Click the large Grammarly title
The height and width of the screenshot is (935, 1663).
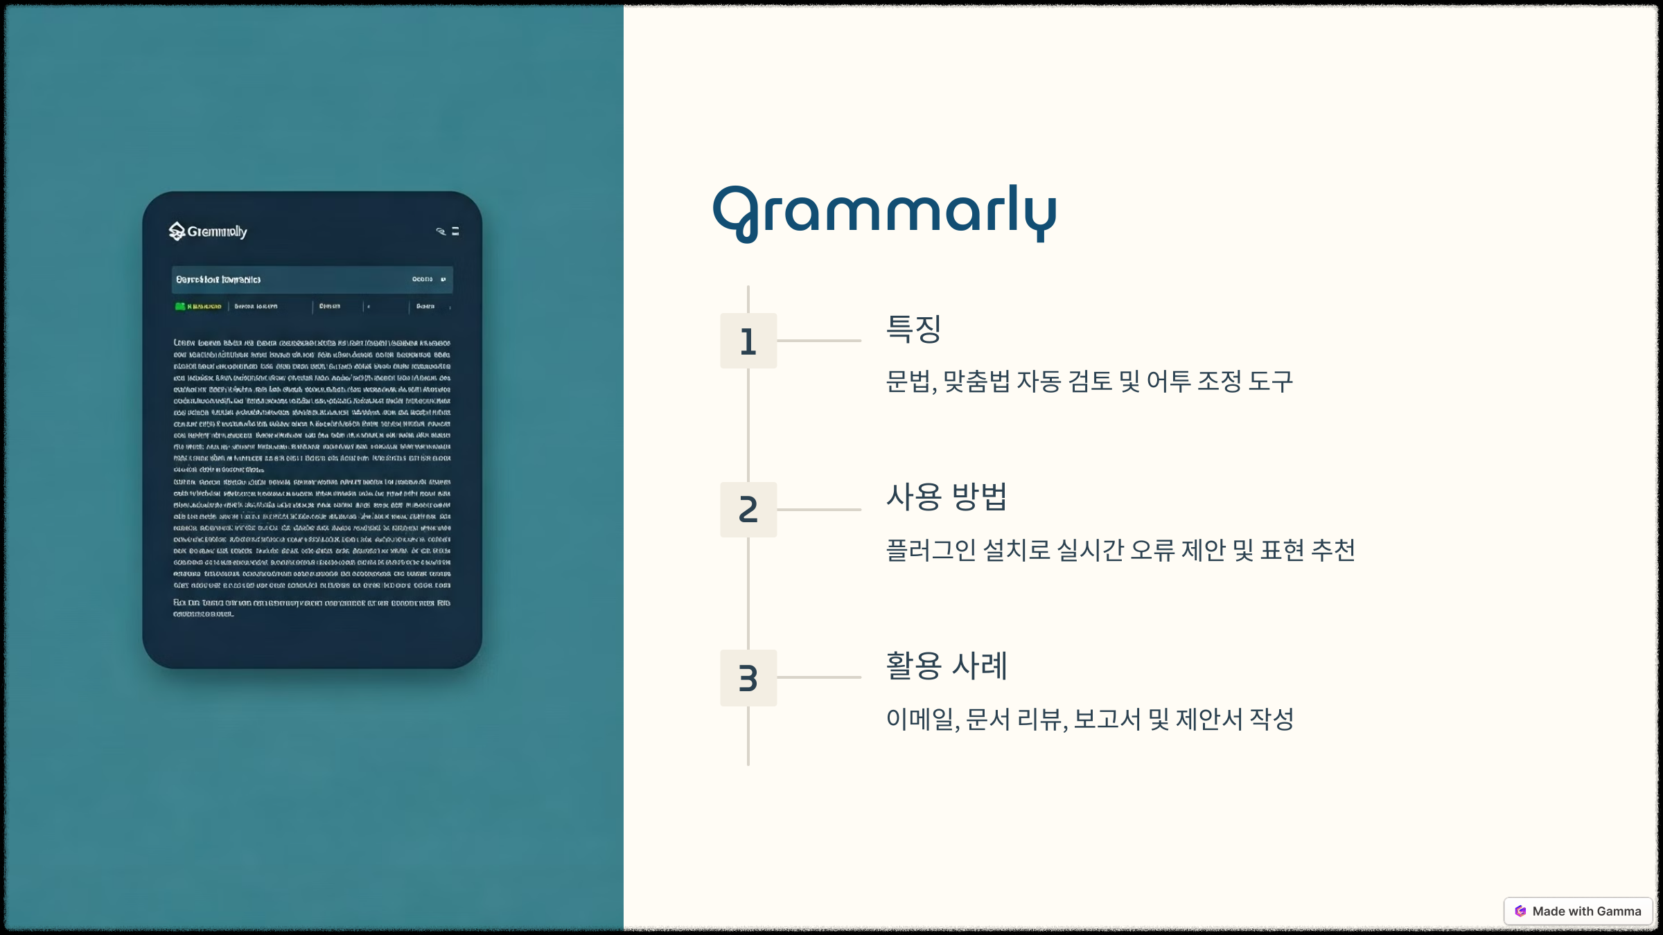pos(884,212)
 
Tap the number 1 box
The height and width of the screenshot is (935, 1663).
pos(748,341)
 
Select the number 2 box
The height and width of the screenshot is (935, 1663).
pos(748,510)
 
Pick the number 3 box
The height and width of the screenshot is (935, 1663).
pos(748,678)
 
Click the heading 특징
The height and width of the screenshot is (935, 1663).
pos(914,329)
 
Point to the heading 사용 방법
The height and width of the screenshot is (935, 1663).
pos(947,497)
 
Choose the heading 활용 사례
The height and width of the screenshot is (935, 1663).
pos(947,666)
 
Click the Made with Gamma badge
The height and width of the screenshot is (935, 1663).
pos(1578,911)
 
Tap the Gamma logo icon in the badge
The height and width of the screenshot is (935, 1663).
pos(1520,911)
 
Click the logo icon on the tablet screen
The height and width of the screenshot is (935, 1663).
pos(177,231)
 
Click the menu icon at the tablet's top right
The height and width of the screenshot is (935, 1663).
pos(455,231)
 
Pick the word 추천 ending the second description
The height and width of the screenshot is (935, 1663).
pos(1333,551)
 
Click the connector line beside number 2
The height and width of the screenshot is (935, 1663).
pos(819,510)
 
